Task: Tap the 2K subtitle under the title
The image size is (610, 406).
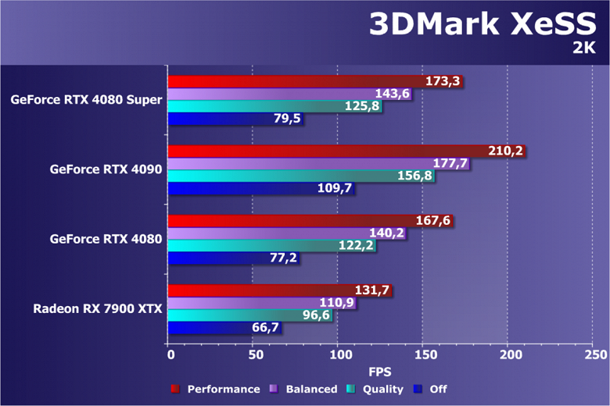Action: coord(584,48)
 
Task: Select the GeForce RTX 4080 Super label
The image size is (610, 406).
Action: coord(87,99)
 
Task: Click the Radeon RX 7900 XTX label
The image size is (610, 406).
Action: coord(98,308)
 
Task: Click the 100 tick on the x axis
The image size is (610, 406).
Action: coord(338,354)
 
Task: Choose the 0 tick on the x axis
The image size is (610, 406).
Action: coord(170,354)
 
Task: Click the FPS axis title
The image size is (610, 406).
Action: coord(381,370)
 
